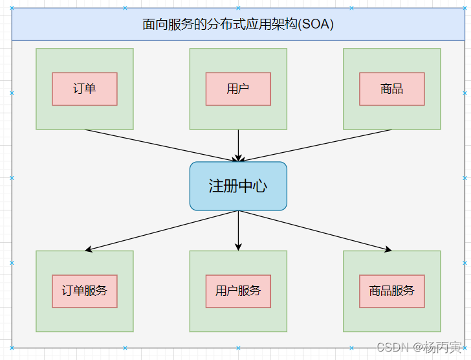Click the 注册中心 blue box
238,186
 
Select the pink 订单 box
85,89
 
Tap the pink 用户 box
238,89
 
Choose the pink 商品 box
392,89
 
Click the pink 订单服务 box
85,291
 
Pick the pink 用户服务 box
238,291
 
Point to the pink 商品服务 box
392,291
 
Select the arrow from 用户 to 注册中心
238,144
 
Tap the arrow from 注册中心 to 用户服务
238,229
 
